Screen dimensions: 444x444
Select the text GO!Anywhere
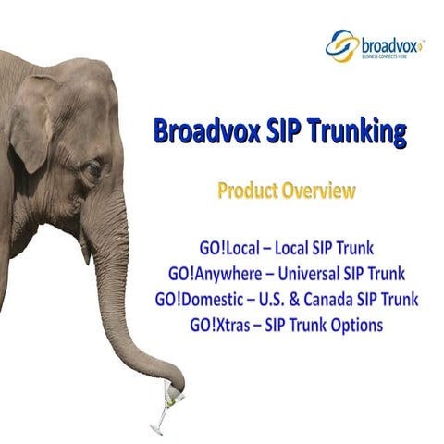tap(210, 274)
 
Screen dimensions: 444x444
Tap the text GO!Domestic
tap(198, 300)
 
